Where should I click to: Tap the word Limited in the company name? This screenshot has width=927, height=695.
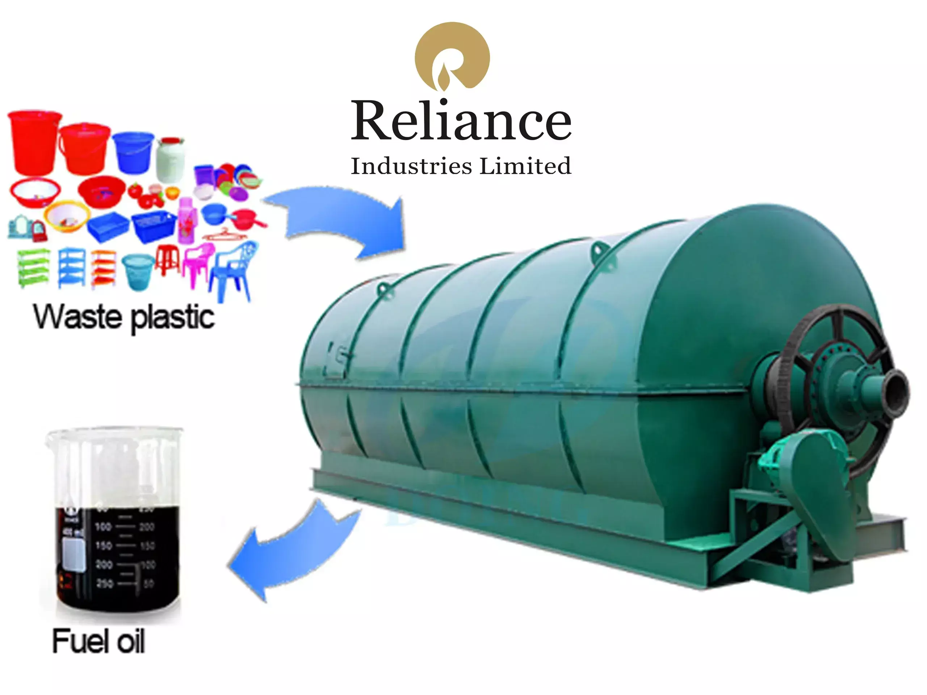point(525,166)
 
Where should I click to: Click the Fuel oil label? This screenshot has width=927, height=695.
point(99,641)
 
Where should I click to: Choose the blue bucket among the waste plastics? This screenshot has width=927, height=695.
point(133,152)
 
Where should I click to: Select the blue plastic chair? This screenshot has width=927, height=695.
point(233,270)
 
